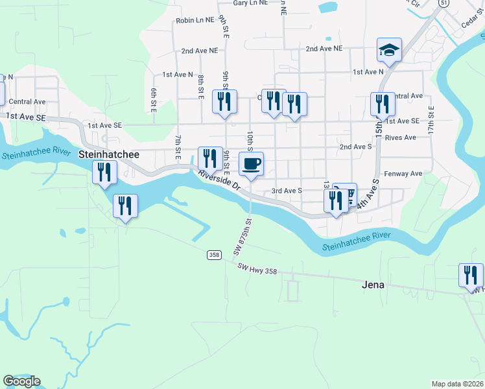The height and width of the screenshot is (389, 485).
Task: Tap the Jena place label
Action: click(372, 285)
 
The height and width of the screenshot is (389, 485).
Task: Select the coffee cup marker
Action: click(251, 164)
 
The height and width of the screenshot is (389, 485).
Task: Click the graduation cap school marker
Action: click(389, 49)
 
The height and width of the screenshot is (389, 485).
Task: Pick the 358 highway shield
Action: click(214, 255)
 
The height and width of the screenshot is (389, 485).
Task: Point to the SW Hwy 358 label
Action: click(258, 268)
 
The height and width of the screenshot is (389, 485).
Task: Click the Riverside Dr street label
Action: click(220, 181)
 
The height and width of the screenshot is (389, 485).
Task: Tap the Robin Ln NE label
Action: click(195, 21)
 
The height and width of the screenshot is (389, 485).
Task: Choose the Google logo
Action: click(21, 381)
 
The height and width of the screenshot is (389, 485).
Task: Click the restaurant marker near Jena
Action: click(471, 275)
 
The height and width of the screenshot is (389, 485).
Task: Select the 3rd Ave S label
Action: click(287, 191)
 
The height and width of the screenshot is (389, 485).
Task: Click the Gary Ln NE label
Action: click(231, 3)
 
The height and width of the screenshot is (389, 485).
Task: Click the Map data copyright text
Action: click(458, 384)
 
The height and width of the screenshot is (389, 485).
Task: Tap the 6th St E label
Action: click(154, 100)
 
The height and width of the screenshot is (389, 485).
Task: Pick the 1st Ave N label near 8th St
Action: click(178, 75)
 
